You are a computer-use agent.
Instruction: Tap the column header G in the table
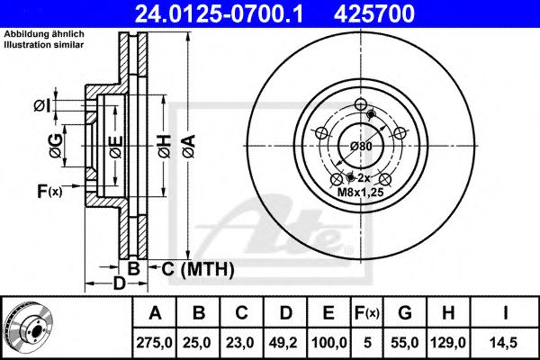405,313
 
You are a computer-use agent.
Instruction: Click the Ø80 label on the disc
362,146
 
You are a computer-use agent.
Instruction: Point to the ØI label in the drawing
41,106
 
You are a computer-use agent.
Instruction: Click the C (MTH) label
197,269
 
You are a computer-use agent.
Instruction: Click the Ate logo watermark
283,225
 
